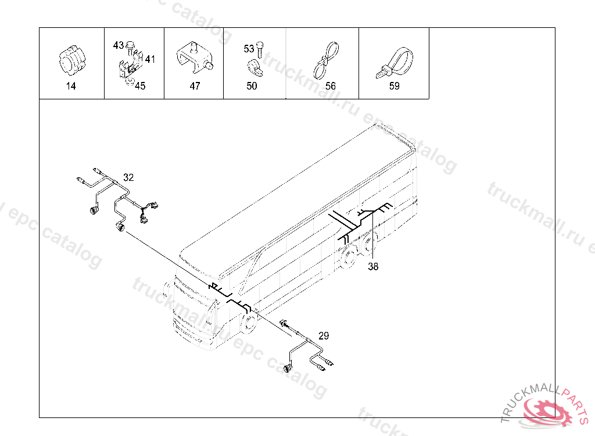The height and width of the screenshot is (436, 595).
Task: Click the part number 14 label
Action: (x=71, y=86)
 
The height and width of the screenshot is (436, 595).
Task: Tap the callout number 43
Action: (x=119, y=45)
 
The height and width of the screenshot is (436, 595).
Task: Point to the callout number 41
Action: (x=150, y=59)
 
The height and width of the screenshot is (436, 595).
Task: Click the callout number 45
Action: (x=140, y=86)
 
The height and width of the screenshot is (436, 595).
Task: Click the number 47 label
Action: (x=195, y=86)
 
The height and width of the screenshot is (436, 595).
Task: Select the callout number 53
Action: (x=249, y=49)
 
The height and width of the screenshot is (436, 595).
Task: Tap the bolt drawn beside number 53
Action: (x=260, y=50)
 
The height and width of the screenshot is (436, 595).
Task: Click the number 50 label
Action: (x=252, y=86)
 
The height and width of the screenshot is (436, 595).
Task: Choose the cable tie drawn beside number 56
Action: (x=326, y=60)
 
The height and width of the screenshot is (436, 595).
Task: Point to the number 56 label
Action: (x=331, y=86)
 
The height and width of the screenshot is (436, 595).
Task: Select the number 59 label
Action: (x=395, y=86)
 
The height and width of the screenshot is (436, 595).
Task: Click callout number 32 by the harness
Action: (x=128, y=178)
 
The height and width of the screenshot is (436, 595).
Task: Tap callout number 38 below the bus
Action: (x=373, y=267)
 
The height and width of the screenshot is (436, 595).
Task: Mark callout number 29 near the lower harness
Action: (x=324, y=336)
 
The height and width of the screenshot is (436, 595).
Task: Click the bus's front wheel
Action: (x=249, y=323)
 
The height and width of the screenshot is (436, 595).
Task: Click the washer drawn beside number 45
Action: (x=130, y=83)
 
